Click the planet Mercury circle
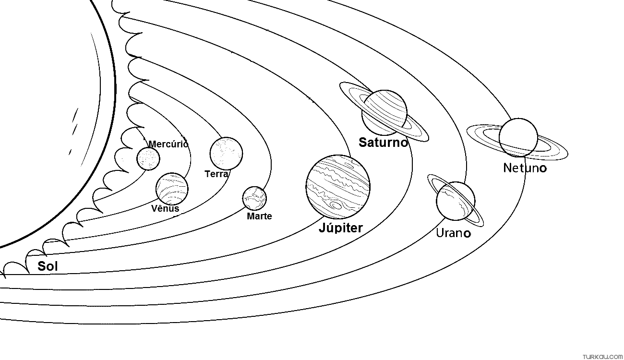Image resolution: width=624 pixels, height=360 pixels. tap(148, 159)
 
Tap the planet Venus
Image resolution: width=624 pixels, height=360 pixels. tap(172, 189)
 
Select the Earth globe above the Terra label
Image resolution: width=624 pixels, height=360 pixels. tap(226, 153)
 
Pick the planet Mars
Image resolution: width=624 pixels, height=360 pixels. tap(254, 198)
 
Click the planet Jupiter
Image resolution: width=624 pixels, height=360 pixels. tap(338, 187)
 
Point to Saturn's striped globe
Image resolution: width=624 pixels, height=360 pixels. tap(384, 113)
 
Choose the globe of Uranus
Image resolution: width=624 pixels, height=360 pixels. tap(456, 201)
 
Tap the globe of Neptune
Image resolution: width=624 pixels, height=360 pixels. tap(518, 138)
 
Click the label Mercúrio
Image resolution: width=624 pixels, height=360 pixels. tap(168, 144)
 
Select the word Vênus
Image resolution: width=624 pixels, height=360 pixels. tap(165, 208)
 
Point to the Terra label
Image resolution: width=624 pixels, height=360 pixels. tap(216, 174)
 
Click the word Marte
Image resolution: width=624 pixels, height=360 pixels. tap(259, 216)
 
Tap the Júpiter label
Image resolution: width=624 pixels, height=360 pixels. tap(341, 228)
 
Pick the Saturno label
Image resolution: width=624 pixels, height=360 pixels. tap(384, 143)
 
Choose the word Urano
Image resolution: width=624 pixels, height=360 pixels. tap(454, 233)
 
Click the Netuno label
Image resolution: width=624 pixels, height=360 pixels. tap(525, 168)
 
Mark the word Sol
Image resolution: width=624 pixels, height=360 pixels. tap(48, 266)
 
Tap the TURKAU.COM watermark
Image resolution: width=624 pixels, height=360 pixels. tap(602, 357)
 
